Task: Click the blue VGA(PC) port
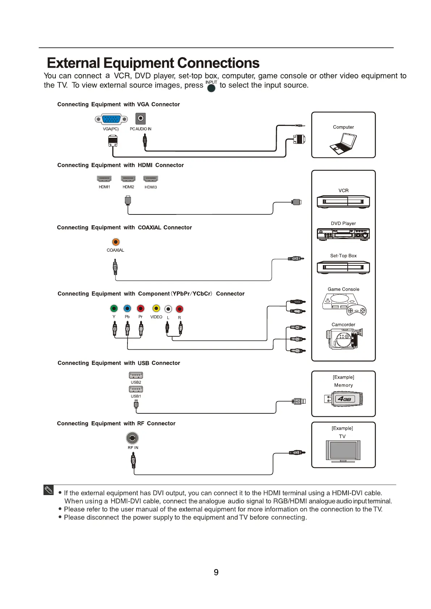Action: (111, 119)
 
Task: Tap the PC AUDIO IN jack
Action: (141, 118)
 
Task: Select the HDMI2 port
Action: (128, 179)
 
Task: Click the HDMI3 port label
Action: (151, 187)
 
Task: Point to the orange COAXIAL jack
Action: (116, 242)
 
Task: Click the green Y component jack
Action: (114, 308)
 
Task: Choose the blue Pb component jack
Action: (127, 308)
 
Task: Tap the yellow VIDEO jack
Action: (156, 308)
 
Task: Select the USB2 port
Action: (136, 375)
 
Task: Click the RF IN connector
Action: (132, 438)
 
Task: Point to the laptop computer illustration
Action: (343, 144)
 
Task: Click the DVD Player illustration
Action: (343, 234)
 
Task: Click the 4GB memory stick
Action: (344, 399)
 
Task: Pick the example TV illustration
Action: (343, 451)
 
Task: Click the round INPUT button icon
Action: (211, 88)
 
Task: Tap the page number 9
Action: (216, 572)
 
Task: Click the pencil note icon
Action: (49, 490)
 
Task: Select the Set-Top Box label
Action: (343, 256)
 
